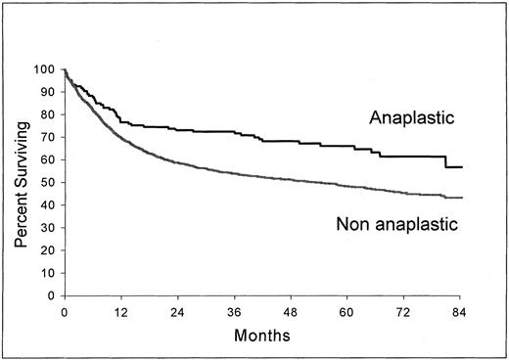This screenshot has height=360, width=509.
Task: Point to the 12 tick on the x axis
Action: pyautogui.click(x=120, y=310)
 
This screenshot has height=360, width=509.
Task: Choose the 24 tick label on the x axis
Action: pyautogui.click(x=177, y=310)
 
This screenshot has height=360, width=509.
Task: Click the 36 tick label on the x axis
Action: pyautogui.click(x=234, y=310)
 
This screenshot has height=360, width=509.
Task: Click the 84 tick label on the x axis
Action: pyautogui.click(x=461, y=310)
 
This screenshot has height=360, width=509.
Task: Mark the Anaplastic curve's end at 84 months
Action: pyautogui.click(x=461, y=167)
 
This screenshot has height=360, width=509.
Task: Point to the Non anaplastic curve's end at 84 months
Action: pyautogui.click(x=461, y=198)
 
